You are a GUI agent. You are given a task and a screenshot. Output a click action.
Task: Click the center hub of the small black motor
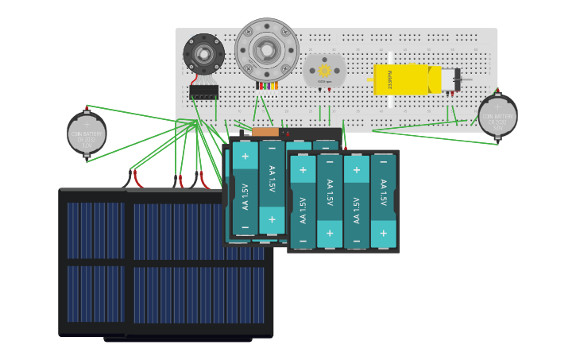point(204,54)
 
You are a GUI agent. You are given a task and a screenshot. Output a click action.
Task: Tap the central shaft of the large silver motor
point(267,50)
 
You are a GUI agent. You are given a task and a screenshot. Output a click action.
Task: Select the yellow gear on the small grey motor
point(324,71)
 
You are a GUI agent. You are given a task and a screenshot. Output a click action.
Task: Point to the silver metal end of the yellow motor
point(449,79)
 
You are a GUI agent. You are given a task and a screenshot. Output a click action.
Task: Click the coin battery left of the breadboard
point(87,134)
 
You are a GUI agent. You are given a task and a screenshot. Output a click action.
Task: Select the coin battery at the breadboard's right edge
point(498,117)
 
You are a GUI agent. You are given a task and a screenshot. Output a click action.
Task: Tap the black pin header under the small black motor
point(203,91)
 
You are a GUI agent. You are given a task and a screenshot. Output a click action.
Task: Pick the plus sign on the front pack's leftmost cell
point(303,169)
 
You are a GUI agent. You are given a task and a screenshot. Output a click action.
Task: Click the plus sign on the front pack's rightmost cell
point(383,233)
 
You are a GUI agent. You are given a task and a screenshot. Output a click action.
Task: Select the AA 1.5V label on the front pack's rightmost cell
point(383,193)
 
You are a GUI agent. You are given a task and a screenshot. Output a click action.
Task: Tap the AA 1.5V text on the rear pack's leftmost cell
point(245,196)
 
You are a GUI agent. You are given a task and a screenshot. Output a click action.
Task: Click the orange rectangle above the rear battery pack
point(265,132)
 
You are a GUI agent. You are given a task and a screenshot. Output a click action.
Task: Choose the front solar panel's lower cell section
point(199,294)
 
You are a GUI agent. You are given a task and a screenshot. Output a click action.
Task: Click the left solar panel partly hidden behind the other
point(92,262)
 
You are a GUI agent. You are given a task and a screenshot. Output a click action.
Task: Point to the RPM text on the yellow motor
point(389,79)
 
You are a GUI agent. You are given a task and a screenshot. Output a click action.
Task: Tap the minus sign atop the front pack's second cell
point(330,163)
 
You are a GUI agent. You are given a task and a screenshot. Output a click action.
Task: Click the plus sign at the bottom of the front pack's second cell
point(330,233)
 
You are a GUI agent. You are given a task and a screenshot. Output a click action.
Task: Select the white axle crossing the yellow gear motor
point(390,79)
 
